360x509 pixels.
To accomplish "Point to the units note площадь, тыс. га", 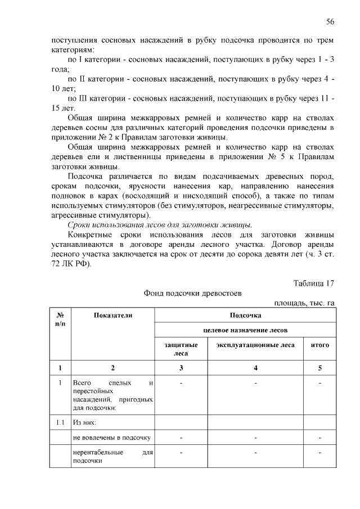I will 304,303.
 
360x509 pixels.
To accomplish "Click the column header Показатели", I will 113,316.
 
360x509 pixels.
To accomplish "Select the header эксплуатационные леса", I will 255,344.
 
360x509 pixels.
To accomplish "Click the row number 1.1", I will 60,421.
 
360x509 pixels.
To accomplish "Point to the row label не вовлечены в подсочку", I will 111,436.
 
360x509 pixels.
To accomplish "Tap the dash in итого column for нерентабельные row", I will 319,452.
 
